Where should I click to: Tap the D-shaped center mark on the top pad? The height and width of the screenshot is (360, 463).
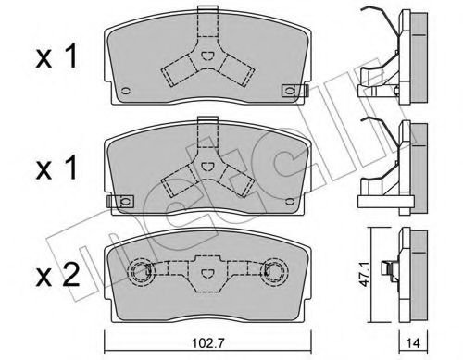[208, 56]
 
